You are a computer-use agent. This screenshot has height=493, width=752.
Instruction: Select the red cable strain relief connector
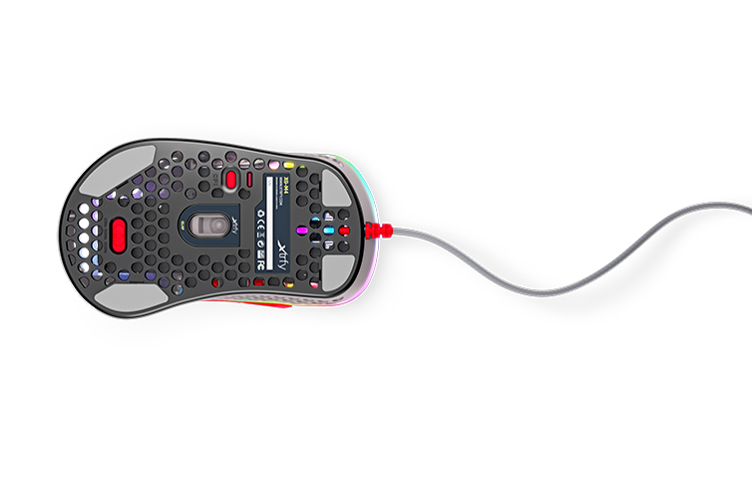[x=381, y=233]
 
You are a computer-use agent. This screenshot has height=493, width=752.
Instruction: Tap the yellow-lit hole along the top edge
[x=290, y=166]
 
